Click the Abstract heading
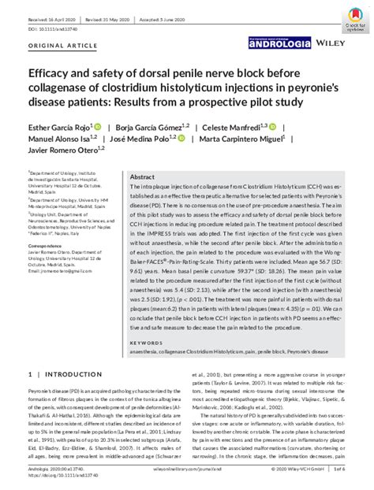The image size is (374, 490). pos(142,177)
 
